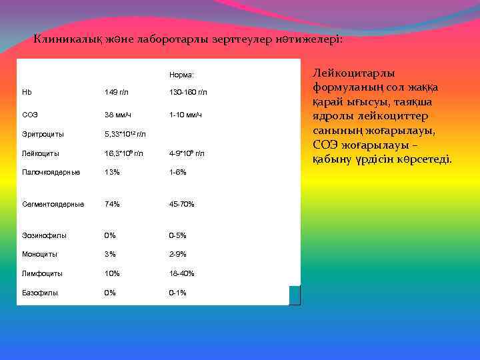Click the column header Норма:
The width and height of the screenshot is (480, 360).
181,75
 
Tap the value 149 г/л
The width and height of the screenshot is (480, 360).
117,91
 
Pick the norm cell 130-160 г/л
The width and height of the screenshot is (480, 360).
188,91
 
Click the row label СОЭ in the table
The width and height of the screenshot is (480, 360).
30,115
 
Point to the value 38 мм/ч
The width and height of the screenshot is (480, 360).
117,115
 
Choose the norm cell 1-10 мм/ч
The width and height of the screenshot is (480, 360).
185,115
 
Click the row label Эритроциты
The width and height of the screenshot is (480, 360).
41,134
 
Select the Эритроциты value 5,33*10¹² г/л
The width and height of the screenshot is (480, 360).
125,134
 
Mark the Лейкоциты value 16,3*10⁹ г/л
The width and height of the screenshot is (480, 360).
124,153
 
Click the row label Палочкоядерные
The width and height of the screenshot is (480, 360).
51,172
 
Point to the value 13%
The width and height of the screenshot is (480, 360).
112,172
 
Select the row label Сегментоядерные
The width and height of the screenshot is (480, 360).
53,204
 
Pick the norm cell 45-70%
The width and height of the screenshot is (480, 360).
181,204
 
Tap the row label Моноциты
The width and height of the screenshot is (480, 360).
40,254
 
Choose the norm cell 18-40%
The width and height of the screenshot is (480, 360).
181,273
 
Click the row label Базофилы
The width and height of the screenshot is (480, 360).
40,293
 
